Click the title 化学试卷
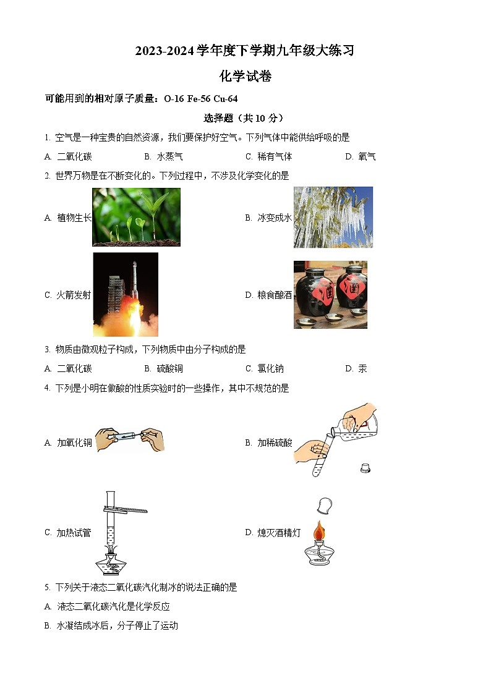pyautogui.click(x=246, y=77)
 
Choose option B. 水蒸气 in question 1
pyautogui.click(x=163, y=156)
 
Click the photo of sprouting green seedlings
pyautogui.click(x=136, y=217)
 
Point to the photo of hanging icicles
pyautogui.click(x=333, y=217)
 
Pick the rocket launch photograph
pyautogui.click(x=126, y=294)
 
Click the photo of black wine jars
pyautogui.click(x=330, y=294)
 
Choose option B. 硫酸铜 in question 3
pyautogui.click(x=163, y=368)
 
